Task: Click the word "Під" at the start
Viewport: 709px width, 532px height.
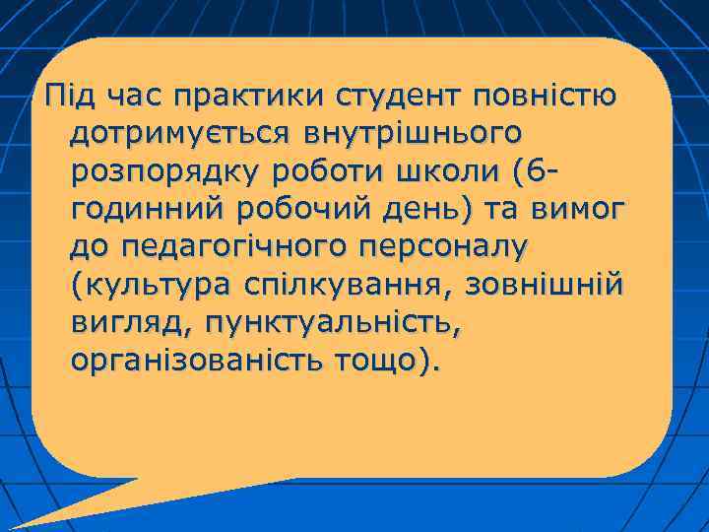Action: pos(59,97)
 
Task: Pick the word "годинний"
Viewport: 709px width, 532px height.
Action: pos(139,209)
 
